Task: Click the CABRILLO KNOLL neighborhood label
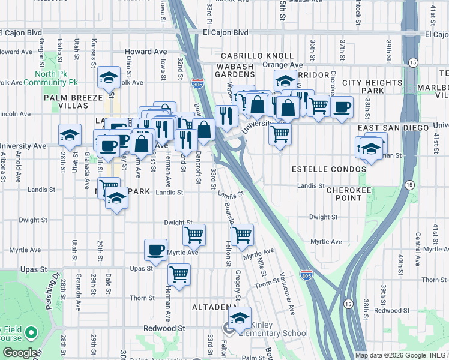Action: [x=256, y=56]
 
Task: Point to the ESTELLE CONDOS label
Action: [x=328, y=170]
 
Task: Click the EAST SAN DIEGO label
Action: [x=394, y=128]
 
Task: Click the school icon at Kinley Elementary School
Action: [x=240, y=317]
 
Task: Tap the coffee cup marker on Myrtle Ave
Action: [x=156, y=250]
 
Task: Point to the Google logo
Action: [x=19, y=353]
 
